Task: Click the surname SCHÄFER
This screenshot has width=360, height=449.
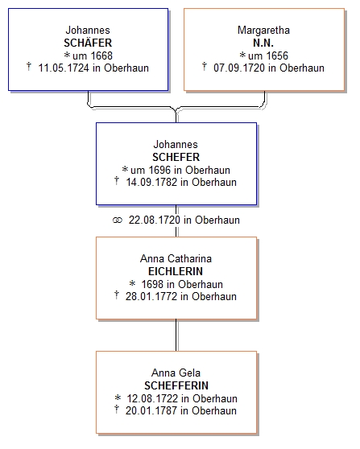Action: [x=88, y=43]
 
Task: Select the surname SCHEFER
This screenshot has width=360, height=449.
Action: [x=176, y=157]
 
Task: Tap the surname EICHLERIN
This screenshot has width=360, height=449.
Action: [x=176, y=271]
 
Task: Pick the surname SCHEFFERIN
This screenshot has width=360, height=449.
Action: [x=176, y=385]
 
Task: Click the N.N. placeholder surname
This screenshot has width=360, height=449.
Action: [x=263, y=43]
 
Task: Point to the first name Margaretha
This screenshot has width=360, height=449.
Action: [x=263, y=30]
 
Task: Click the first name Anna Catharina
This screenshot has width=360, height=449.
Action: [x=176, y=258]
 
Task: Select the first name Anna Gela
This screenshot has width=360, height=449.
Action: [x=176, y=373]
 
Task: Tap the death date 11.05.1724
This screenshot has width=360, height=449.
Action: [x=64, y=68]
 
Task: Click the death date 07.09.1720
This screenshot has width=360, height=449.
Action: [x=239, y=68]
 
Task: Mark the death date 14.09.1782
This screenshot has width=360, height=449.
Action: [x=151, y=183]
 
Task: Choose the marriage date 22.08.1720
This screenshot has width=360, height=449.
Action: [x=154, y=220]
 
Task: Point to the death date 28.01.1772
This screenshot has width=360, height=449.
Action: [x=151, y=296]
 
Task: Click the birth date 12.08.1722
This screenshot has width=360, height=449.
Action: [x=152, y=398]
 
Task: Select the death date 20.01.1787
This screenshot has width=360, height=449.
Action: [x=151, y=410]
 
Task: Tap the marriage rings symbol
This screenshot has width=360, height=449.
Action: [x=118, y=220]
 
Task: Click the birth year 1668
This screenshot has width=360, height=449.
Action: [x=101, y=56]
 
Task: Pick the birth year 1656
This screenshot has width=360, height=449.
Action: [x=277, y=56]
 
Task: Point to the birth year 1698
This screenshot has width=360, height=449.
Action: [x=152, y=284]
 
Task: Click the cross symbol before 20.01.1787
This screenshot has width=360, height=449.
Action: [x=116, y=410]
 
